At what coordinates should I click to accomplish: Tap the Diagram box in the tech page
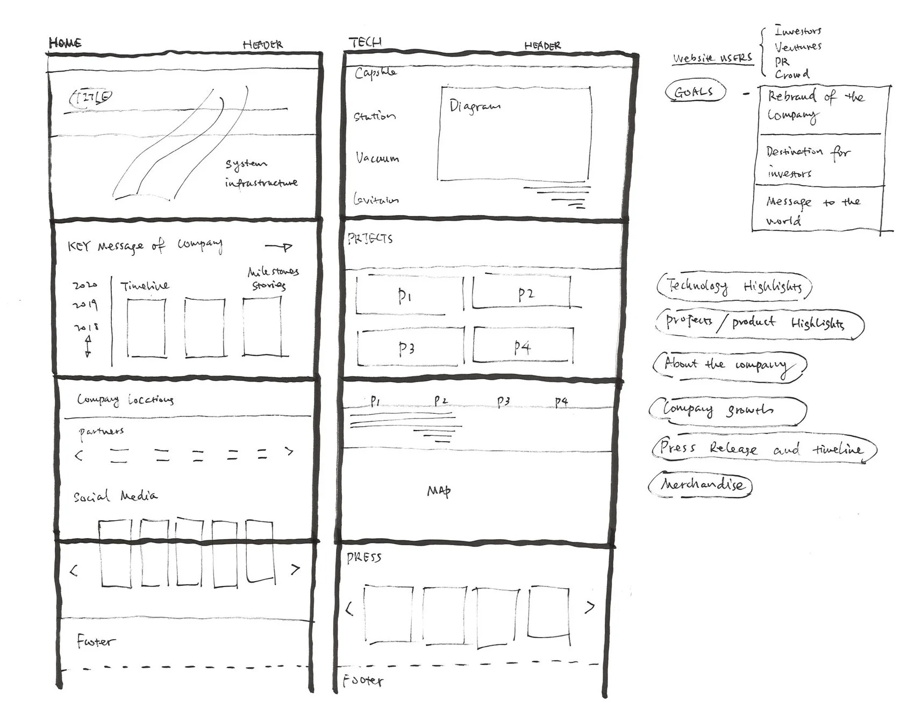pos(515,133)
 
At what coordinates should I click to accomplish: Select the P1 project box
pos(407,295)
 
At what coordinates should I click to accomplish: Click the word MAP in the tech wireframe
pos(439,491)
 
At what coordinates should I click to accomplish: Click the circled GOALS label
pos(694,92)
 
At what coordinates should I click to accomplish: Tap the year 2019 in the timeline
pos(85,305)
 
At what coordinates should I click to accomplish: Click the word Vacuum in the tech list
pos(377,158)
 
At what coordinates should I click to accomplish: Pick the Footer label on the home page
pos(95,641)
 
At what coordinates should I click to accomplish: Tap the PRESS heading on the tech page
pos(364,557)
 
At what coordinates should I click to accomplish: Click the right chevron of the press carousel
pos(590,607)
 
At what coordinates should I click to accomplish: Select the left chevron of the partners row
pos(79,455)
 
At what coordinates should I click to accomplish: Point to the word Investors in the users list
pos(798,31)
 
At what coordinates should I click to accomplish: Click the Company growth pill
pos(727,410)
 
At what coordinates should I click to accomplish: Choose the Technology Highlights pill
pos(733,286)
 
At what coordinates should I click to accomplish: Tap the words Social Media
pos(116,496)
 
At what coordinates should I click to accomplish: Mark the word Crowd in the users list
pos(791,74)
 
